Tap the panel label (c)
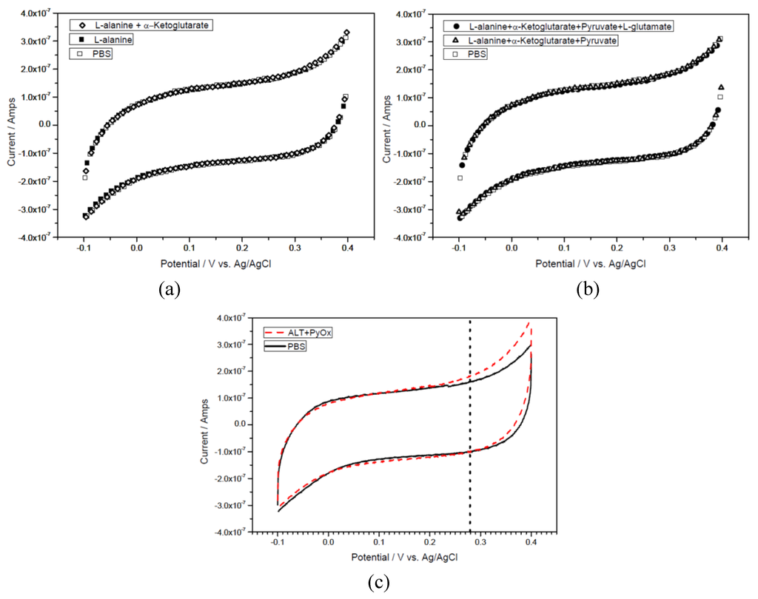click(378, 583)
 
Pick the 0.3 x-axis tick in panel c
click(480, 541)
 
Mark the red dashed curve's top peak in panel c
click(529, 322)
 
